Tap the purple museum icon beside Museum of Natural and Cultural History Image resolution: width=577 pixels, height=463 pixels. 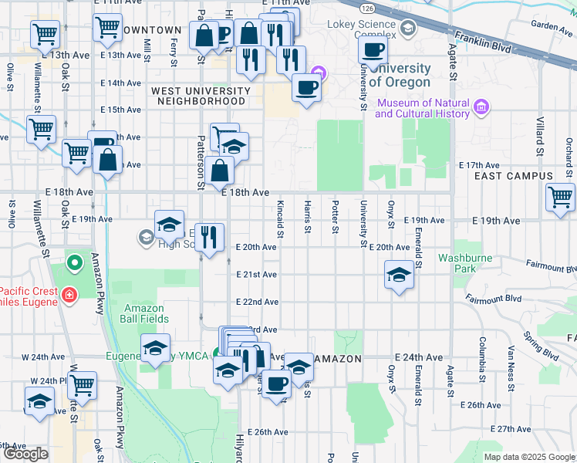tap(481, 106)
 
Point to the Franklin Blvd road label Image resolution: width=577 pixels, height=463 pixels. tap(483, 40)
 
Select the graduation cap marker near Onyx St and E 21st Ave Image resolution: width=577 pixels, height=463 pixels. tap(398, 275)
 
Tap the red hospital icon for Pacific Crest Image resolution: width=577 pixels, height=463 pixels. tap(70, 295)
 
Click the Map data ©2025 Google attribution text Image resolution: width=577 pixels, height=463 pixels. tap(529, 457)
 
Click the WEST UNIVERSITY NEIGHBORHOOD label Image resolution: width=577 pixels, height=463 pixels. tap(201, 96)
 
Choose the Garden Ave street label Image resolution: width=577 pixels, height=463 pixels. tap(552, 25)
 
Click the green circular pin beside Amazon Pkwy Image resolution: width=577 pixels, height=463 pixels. tap(75, 264)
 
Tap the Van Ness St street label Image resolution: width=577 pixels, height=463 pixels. tap(511, 357)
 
